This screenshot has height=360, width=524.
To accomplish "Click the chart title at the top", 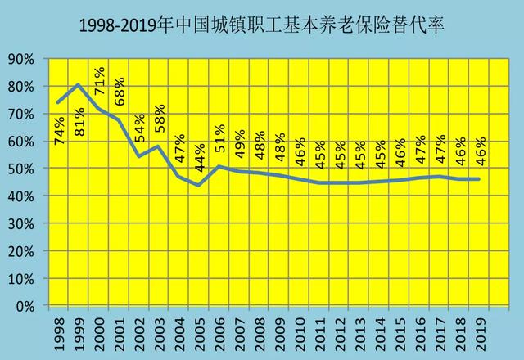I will pos(261,25).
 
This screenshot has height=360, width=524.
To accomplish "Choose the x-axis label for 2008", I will pos(260,330).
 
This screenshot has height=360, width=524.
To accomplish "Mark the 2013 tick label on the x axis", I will pos(360,330).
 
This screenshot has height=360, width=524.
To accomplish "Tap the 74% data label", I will pos(61,130).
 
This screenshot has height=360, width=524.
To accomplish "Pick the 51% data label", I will pos(220,138).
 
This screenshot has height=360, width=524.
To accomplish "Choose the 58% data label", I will pos(160,119).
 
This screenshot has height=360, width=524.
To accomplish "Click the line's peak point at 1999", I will pos(78,84).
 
